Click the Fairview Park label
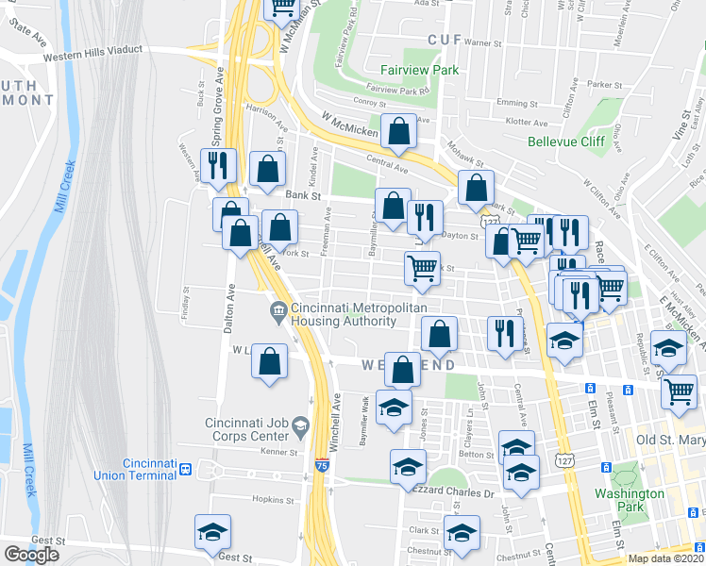tap(419, 70)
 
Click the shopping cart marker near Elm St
tap(679, 391)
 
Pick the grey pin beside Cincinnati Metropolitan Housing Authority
tap(278, 309)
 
